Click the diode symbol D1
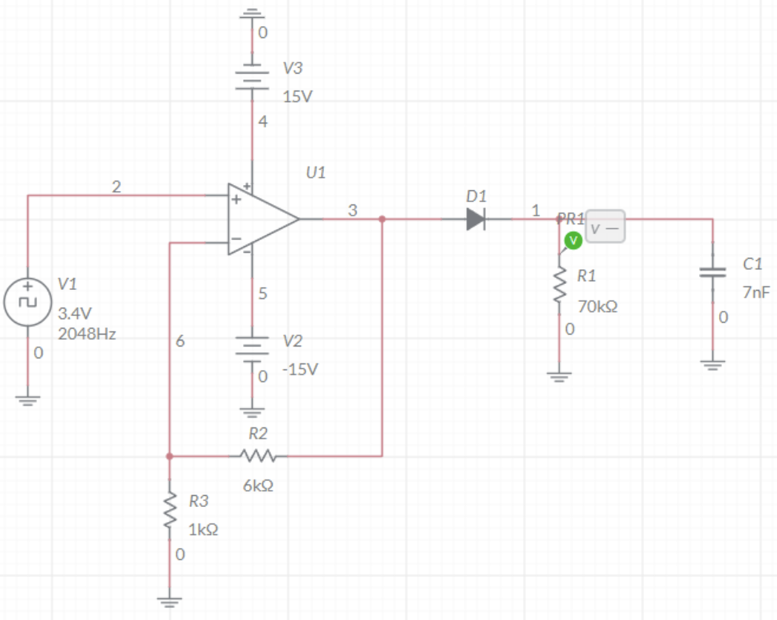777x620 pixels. (475, 219)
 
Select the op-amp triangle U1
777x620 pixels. (263, 219)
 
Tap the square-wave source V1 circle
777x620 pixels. (27, 302)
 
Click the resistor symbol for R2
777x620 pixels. (257, 455)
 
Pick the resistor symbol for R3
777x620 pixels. (170, 510)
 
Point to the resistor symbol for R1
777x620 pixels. (559, 284)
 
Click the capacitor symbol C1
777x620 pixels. (712, 272)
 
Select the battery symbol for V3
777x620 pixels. (253, 77)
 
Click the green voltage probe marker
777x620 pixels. (573, 241)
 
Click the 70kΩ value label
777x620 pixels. (598, 306)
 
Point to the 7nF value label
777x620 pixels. (756, 292)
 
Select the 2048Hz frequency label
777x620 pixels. (87, 334)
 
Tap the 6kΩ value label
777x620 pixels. (258, 485)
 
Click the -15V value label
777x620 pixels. (300, 369)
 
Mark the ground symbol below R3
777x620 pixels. (170, 602)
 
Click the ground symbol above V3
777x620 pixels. (253, 13)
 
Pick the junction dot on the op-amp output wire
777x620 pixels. (382, 219)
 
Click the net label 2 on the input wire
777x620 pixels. (116, 187)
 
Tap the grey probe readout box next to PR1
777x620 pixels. (605, 227)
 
